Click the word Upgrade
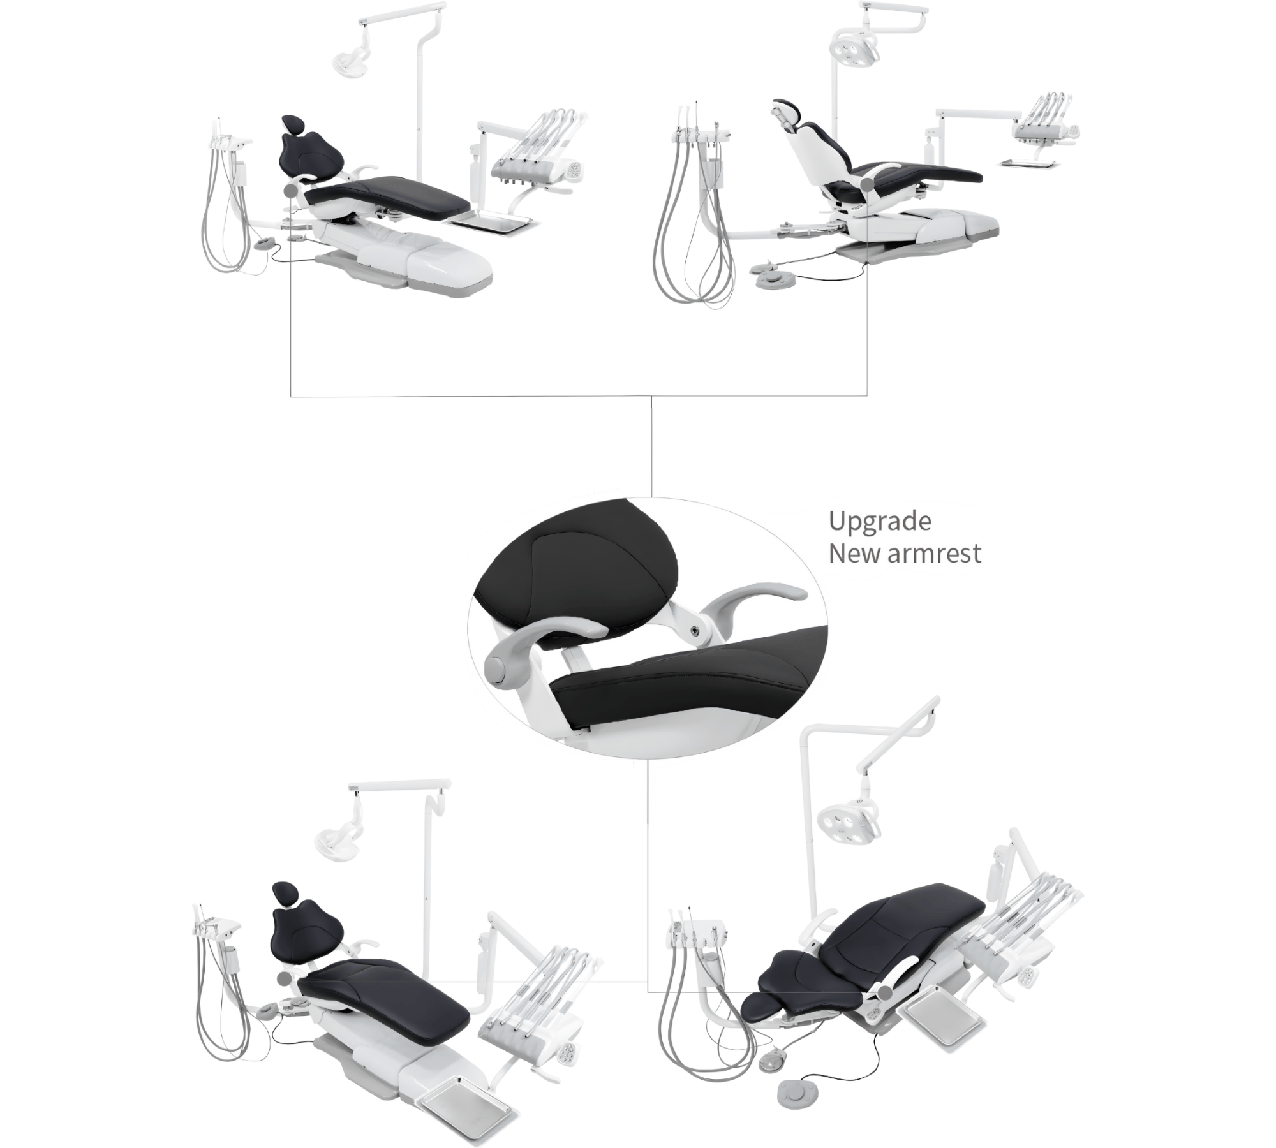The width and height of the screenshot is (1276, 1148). pyautogui.click(x=880, y=522)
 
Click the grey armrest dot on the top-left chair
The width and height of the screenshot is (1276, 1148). pyautogui.click(x=292, y=189)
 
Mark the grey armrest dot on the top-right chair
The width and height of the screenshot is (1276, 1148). pyautogui.click(x=867, y=184)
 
